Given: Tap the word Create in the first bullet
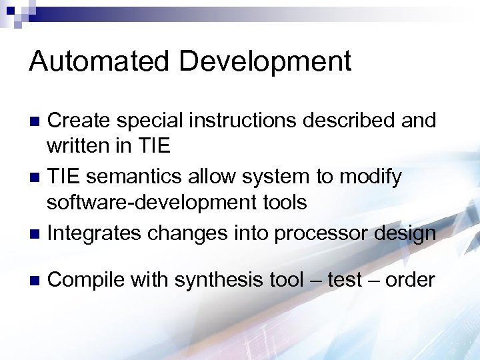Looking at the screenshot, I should (x=80, y=121).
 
